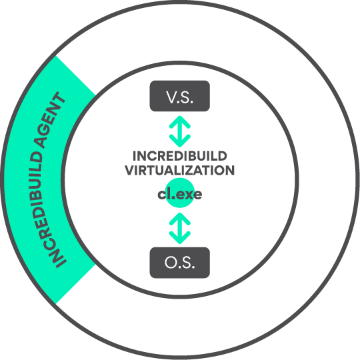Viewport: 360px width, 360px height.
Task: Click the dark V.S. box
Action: tap(180, 96)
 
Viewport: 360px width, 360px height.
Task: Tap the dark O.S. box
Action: tap(180, 263)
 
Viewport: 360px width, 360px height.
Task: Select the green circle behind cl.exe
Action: tap(180, 193)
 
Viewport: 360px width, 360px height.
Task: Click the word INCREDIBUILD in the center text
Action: tap(180, 156)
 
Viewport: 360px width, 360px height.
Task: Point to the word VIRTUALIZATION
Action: tap(180, 171)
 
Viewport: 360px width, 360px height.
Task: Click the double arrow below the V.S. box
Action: tap(180, 131)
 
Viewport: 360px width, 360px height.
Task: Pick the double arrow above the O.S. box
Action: tap(180, 228)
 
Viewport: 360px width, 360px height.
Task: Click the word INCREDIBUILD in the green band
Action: tap(43, 209)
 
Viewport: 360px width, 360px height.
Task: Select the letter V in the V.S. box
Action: tap(171, 97)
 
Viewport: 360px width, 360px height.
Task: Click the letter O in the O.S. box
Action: tap(171, 262)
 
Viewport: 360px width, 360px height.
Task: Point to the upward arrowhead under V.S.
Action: tap(180, 122)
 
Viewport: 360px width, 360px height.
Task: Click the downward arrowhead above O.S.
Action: tap(180, 237)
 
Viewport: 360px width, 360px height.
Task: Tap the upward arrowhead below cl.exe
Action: tap(180, 219)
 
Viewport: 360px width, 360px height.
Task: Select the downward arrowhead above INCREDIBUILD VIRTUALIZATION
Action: tap(180, 141)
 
